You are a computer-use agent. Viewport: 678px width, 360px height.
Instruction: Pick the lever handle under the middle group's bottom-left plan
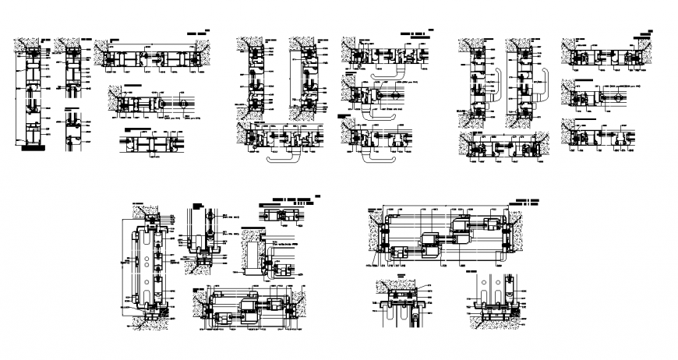pyautogui.click(x=284, y=157)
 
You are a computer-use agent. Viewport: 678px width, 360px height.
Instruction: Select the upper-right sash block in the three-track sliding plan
pyautogui.click(x=490, y=225)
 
